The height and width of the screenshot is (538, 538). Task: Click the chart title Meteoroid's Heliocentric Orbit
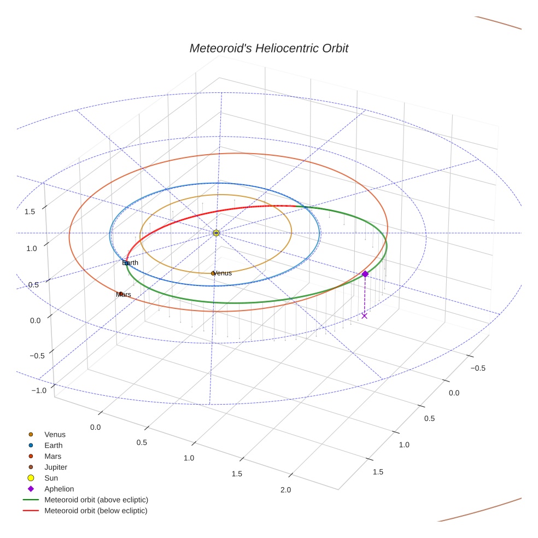(x=268, y=48)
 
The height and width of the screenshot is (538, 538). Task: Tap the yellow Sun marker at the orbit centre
(x=216, y=233)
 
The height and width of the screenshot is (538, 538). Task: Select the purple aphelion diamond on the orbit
(x=365, y=274)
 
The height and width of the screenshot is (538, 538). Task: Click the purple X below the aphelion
(x=365, y=315)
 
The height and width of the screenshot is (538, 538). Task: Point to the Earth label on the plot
(x=130, y=263)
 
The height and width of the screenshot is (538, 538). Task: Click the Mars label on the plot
(x=124, y=295)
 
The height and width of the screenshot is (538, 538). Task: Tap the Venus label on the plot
(x=222, y=273)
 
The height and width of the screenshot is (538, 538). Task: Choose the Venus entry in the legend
(x=55, y=435)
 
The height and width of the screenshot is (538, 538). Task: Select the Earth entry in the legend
(x=54, y=446)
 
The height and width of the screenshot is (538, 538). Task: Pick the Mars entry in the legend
(x=53, y=456)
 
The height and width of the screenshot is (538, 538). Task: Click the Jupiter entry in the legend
(x=56, y=467)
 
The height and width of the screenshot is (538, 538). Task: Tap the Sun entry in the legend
(x=51, y=478)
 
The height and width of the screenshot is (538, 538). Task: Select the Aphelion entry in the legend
(x=59, y=489)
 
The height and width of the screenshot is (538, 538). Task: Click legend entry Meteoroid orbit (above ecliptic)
(x=96, y=500)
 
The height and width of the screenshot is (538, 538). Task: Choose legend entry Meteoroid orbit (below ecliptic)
(x=96, y=511)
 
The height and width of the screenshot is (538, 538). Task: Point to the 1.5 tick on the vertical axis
(x=31, y=212)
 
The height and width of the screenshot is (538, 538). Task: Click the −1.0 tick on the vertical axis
(x=39, y=390)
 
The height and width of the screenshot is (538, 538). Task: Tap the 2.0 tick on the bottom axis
(x=285, y=490)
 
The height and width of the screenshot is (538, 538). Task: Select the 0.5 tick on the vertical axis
(x=34, y=285)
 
